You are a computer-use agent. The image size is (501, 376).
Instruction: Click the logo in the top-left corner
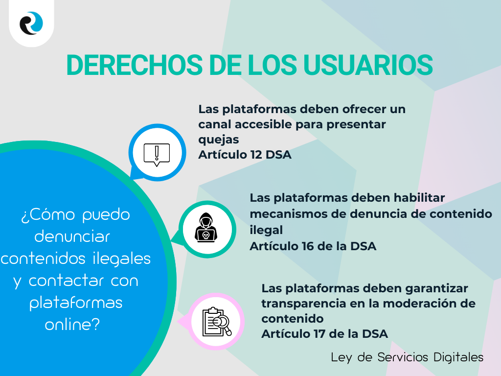click(31, 23)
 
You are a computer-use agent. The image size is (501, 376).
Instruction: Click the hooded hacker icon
click(206, 229)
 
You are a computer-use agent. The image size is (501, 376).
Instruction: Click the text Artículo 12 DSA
click(245, 155)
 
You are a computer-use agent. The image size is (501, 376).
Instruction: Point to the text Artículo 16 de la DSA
click(313, 246)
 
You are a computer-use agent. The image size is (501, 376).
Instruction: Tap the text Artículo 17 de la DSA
click(324, 334)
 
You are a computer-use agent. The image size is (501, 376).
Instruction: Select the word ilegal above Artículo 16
click(266, 230)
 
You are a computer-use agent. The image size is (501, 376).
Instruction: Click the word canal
click(214, 124)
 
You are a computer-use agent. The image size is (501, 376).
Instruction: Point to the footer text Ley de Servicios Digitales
click(407, 357)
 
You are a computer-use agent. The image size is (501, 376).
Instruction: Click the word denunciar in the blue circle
click(72, 236)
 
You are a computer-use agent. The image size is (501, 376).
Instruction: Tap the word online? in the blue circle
click(72, 324)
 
